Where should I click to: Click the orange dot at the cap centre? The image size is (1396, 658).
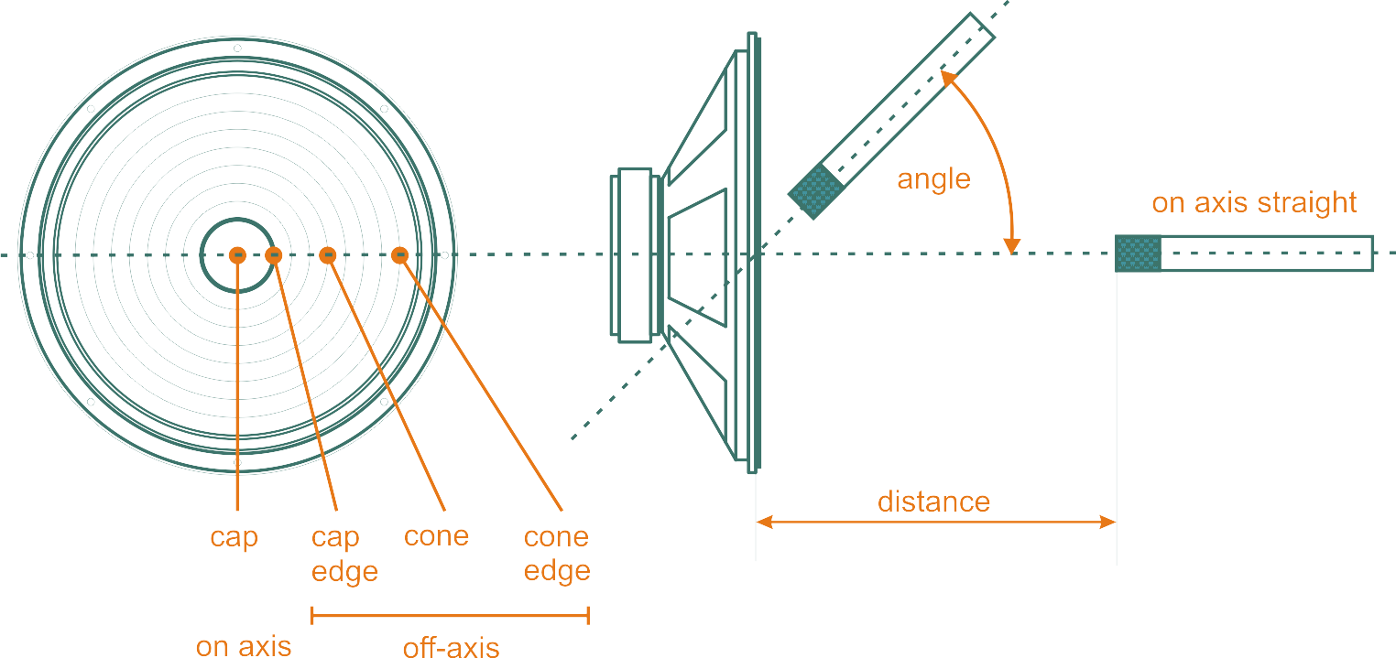[237, 255]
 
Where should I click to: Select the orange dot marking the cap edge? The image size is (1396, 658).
[273, 255]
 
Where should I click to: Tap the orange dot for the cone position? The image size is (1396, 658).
[328, 255]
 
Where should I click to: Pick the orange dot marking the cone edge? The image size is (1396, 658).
[398, 255]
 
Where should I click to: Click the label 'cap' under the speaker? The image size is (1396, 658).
[234, 536]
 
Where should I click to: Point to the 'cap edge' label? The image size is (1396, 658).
[344, 555]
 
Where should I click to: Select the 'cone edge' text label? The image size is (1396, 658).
[557, 555]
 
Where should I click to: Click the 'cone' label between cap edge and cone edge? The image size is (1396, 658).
[436, 535]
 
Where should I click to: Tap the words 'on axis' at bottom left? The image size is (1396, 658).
[244, 646]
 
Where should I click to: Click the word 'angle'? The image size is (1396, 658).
[933, 178]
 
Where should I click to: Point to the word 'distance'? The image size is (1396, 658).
[933, 502]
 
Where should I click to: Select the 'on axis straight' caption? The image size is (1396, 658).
[1254, 202]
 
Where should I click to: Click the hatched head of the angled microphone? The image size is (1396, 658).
[816, 191]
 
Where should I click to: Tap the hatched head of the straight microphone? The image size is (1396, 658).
[1138, 253]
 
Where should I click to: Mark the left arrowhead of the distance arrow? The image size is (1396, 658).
[763, 523]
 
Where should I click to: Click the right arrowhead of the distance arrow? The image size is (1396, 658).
[1108, 523]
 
